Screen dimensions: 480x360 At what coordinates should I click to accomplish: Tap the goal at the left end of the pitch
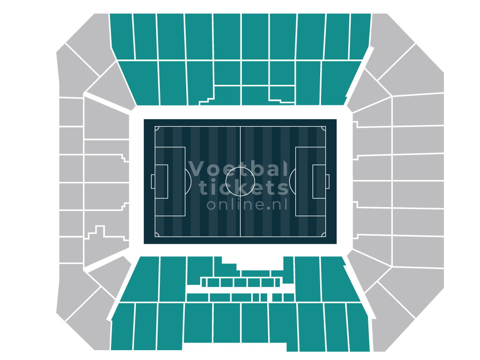(x=153, y=181)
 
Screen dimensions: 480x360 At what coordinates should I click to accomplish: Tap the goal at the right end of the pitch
(x=327, y=181)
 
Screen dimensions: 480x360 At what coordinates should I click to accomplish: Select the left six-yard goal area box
(x=161, y=181)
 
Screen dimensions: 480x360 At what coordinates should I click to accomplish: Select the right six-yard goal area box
(x=319, y=181)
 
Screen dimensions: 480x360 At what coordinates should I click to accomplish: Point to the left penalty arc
(x=191, y=181)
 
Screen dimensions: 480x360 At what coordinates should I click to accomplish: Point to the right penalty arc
(x=289, y=181)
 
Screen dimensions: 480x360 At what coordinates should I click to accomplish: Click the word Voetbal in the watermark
(x=238, y=169)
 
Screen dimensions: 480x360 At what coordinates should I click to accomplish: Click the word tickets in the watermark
(x=243, y=187)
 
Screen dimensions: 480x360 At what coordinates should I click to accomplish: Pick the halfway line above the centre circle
(x=240, y=147)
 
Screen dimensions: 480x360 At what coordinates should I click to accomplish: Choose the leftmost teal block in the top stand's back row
(x=122, y=36)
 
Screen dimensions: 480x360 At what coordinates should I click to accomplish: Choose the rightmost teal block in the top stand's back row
(x=360, y=36)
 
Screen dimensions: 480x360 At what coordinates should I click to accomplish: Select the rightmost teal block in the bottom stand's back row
(x=358, y=327)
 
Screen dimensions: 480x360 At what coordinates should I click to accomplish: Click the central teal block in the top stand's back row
(x=255, y=37)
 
